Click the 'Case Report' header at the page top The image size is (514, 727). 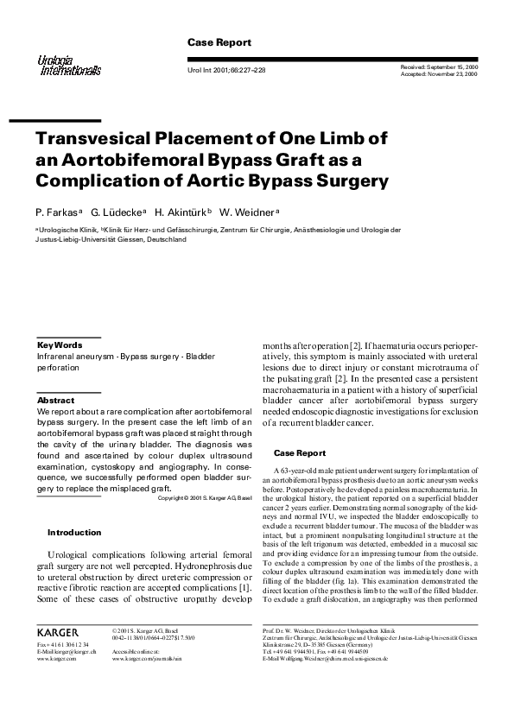tap(219, 42)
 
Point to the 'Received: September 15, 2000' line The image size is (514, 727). tap(439, 66)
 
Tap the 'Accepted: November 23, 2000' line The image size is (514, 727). tap(439, 74)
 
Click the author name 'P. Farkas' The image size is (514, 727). tap(56, 212)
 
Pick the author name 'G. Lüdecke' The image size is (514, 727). tap(118, 212)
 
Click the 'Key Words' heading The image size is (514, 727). tap(60, 345)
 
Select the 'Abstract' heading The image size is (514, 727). tap(56, 401)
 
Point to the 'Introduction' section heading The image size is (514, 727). tap(73, 533)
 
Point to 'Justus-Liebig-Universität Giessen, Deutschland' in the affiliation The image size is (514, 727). tap(111, 239)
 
